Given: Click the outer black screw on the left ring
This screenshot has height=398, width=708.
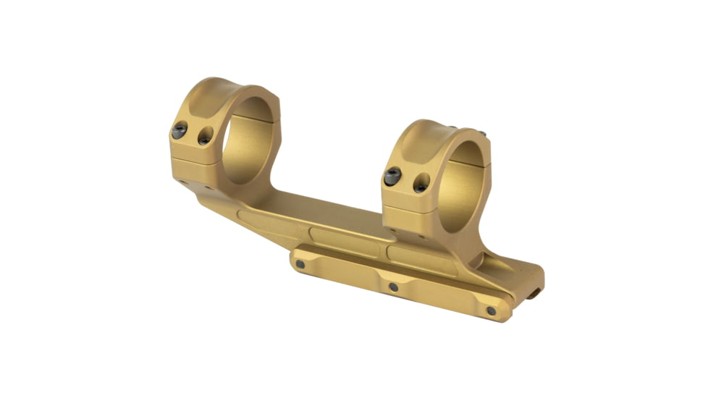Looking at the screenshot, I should tap(179, 130).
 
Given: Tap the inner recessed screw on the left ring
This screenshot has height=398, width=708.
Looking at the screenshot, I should tap(206, 135).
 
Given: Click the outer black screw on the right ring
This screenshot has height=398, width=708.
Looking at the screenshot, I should tap(393, 176).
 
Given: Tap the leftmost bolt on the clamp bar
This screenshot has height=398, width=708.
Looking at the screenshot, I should tap(300, 264).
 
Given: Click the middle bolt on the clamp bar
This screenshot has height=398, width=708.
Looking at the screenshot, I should tap(394, 287).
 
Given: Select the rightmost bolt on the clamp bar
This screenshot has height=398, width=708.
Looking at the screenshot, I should tap(492, 310).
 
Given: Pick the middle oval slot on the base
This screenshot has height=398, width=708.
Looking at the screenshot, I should tap(344, 240).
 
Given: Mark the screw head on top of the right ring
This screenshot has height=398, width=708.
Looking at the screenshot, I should tap(480, 134).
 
